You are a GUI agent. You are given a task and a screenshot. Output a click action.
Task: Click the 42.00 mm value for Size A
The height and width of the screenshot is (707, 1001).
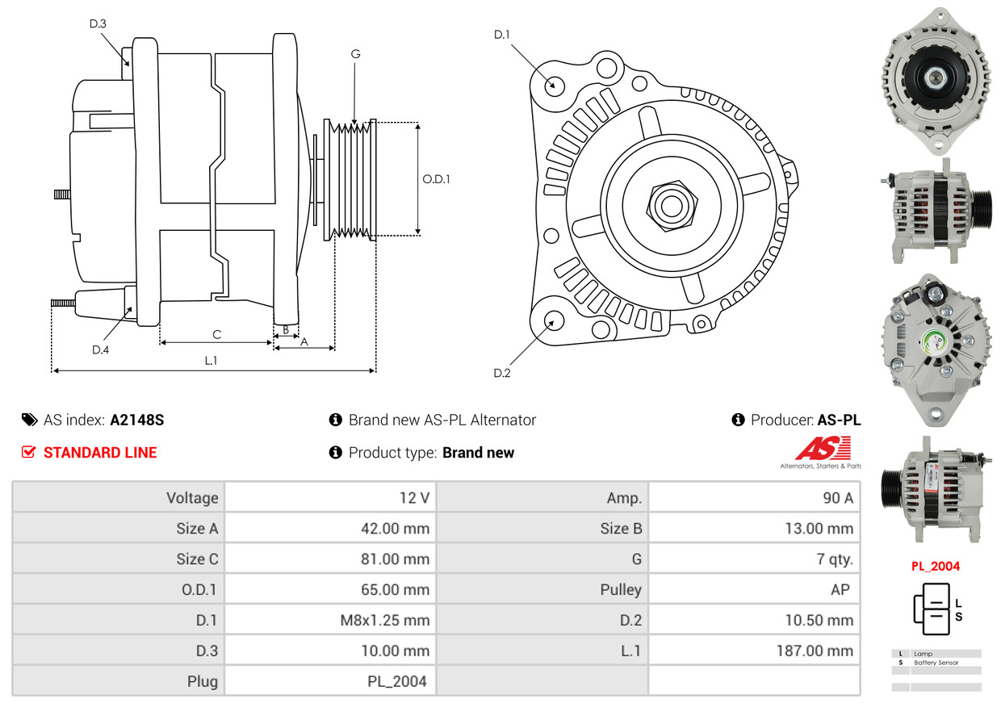[395, 529]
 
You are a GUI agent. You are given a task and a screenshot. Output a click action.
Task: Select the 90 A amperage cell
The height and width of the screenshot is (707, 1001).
[837, 498]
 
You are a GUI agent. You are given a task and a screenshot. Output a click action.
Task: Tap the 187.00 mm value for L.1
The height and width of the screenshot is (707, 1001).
[814, 651]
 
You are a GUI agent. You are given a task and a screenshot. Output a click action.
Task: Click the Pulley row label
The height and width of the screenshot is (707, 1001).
[621, 589]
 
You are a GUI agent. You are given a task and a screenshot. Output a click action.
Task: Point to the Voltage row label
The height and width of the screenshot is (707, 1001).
[192, 498]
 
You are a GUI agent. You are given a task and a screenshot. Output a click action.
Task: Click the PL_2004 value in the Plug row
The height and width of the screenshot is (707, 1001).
[396, 681]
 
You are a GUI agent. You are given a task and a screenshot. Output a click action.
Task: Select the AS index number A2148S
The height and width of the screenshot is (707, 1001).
[137, 420]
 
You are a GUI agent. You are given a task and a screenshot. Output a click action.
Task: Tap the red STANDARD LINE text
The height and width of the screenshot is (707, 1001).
[100, 453]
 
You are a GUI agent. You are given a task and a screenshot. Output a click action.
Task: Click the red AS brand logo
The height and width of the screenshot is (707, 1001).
[823, 449]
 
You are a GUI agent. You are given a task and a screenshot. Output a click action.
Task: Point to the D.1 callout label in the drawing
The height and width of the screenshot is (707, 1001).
[502, 35]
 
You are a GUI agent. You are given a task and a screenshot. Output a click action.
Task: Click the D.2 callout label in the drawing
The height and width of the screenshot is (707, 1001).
[502, 373]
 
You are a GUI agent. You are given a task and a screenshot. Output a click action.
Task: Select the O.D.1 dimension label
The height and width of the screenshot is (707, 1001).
[436, 179]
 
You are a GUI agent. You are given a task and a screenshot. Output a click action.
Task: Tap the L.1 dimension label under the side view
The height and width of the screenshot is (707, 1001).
[211, 361]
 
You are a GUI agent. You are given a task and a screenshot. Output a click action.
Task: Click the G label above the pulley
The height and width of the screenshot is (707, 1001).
[355, 54]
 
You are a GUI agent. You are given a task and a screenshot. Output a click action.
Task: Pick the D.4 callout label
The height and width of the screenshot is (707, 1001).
[100, 349]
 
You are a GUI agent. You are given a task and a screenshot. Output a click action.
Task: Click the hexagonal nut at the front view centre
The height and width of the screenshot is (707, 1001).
[669, 204]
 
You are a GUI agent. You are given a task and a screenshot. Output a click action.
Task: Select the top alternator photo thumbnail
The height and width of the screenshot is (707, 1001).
[936, 81]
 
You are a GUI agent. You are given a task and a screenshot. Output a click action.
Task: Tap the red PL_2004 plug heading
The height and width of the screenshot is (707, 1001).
[936, 566]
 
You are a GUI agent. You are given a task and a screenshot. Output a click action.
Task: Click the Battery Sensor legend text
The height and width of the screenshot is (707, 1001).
[936, 663]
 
